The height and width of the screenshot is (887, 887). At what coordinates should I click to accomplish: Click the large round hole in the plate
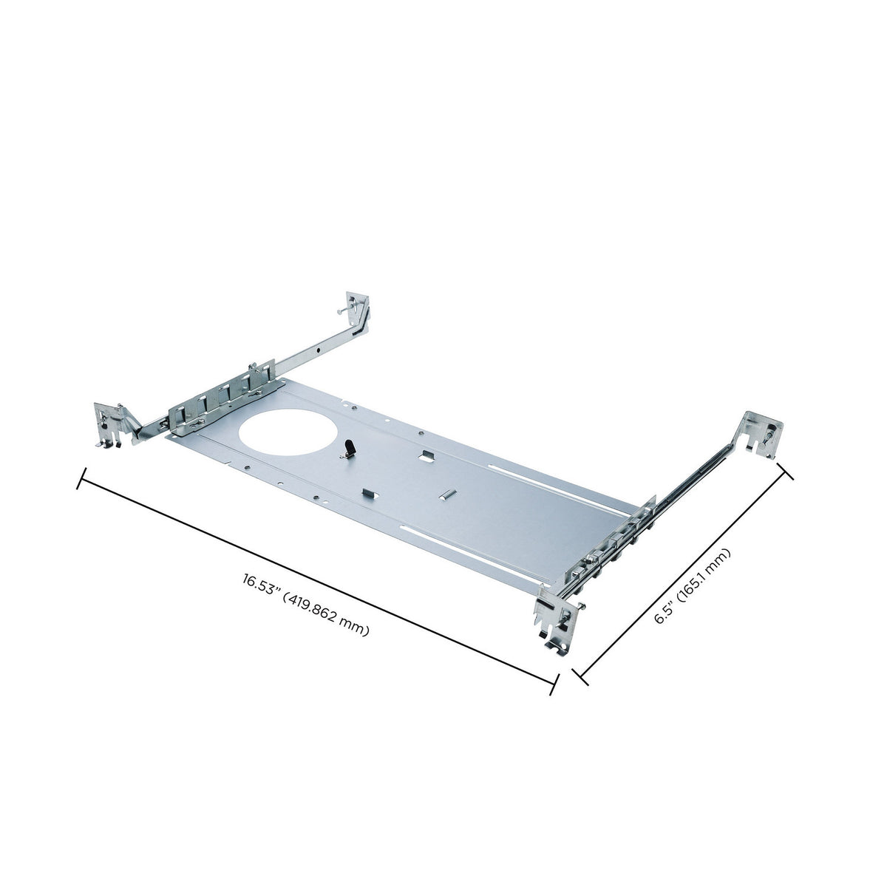(288, 432)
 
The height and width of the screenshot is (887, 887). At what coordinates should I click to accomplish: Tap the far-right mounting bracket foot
(764, 434)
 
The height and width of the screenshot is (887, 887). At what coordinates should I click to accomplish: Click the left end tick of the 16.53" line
(81, 478)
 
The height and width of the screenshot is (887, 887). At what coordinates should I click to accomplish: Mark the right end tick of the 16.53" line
(554, 684)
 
